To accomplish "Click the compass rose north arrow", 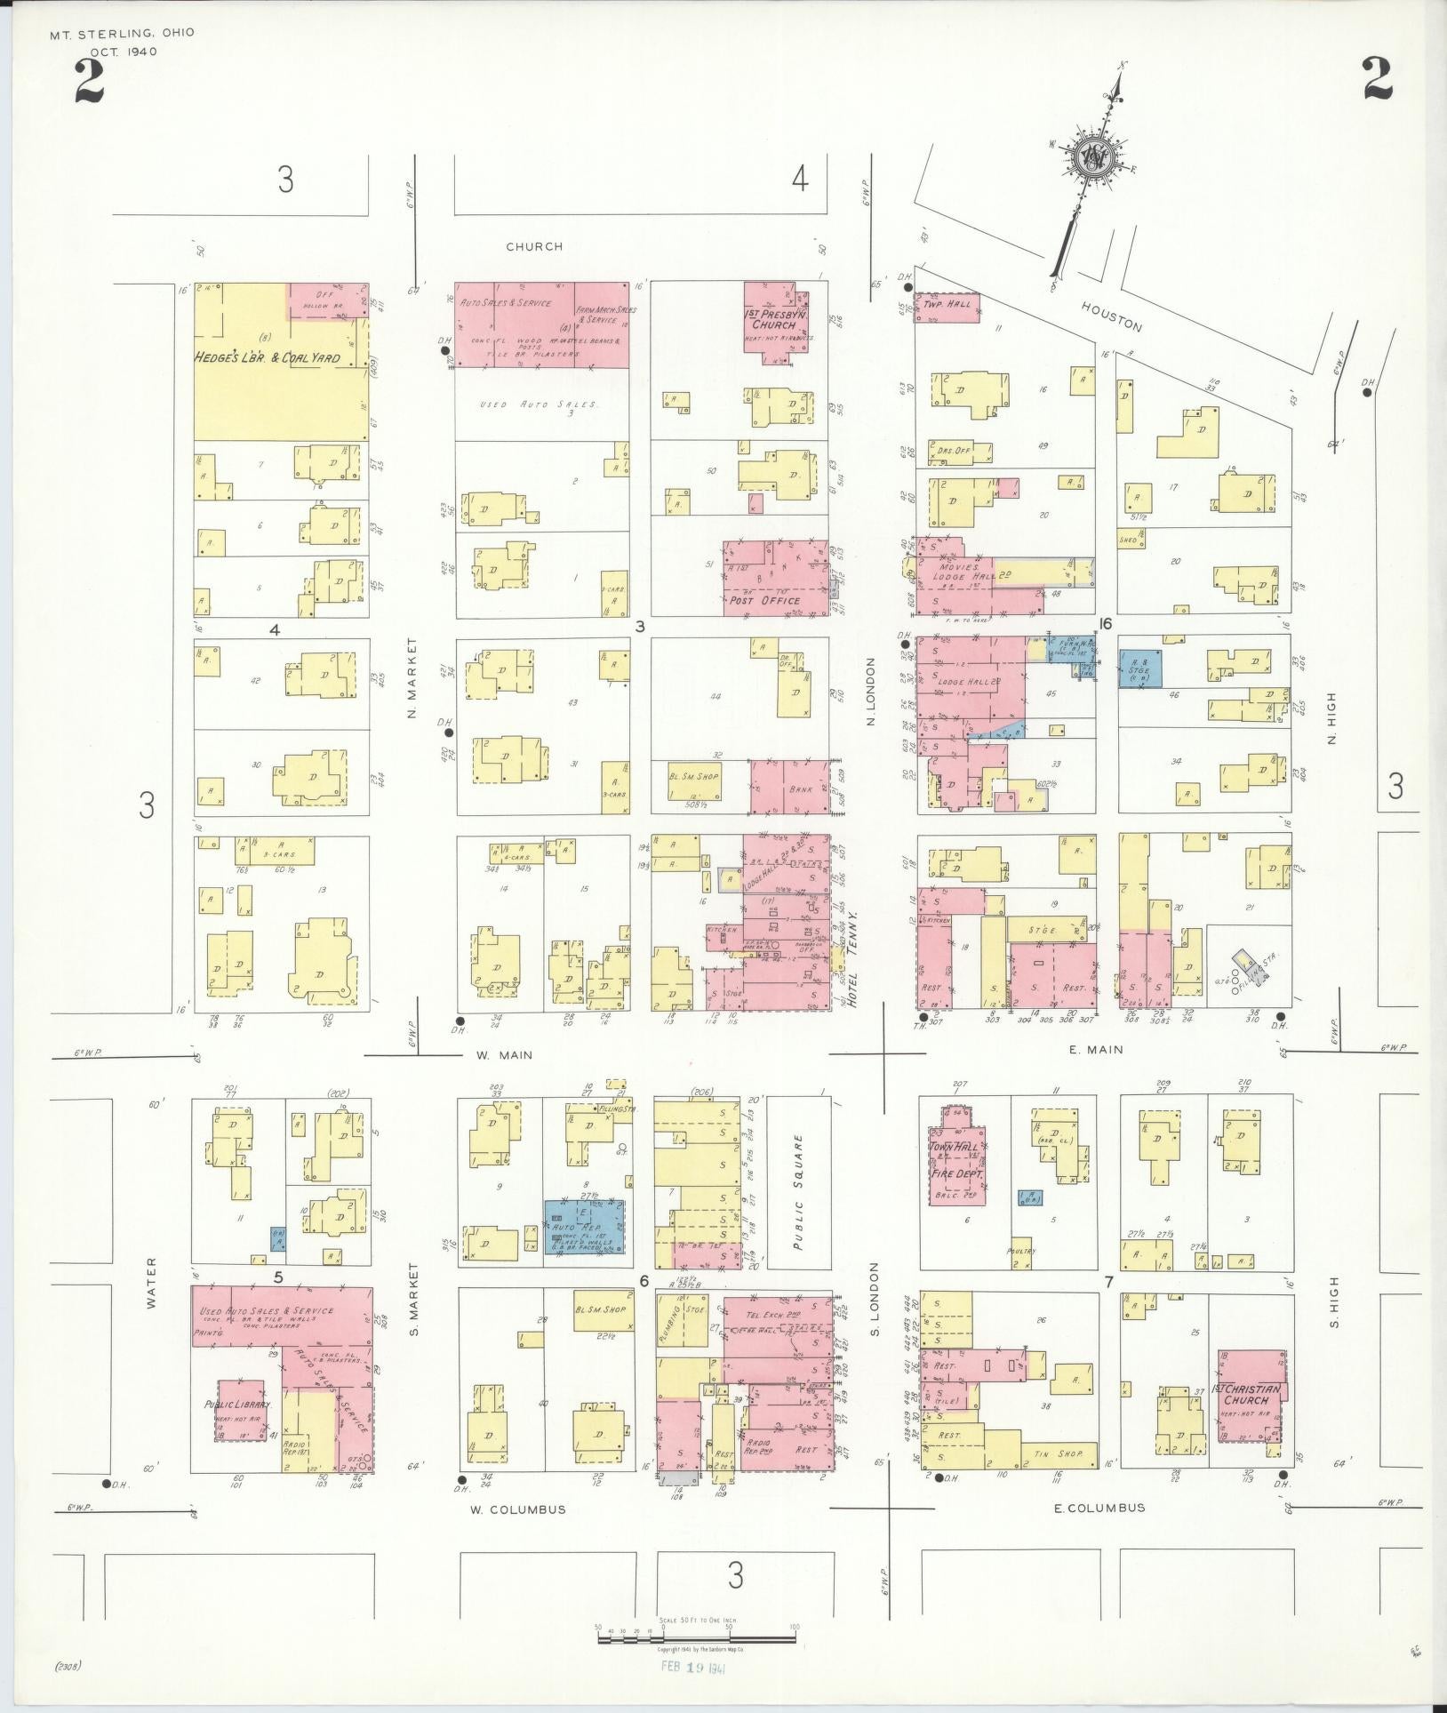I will [1092, 157].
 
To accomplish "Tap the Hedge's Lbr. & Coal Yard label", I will [267, 358].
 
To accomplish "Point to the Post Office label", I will [765, 601].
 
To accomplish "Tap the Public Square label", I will [797, 1179].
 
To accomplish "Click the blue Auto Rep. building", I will [584, 1226].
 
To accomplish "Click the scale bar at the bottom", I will [696, 1634].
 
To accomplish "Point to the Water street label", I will [150, 1283].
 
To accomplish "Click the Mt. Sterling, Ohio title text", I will [123, 33].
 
